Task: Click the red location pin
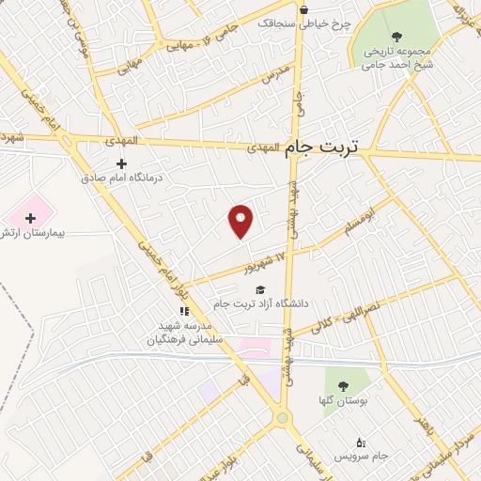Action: (x=241, y=221)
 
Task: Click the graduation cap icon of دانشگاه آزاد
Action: (x=260, y=289)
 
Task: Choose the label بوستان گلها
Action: (x=344, y=401)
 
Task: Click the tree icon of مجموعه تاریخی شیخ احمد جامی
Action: (x=396, y=38)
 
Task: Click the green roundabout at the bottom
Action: (x=281, y=417)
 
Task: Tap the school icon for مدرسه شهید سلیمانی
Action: (x=185, y=311)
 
